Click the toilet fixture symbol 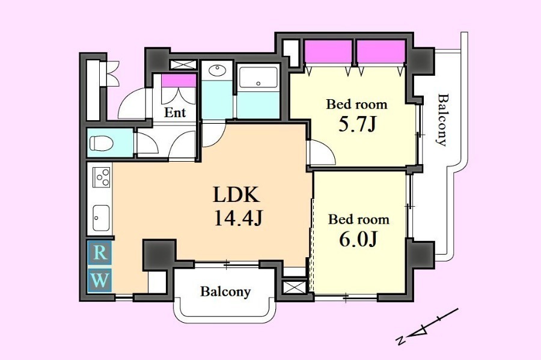[x=102, y=143]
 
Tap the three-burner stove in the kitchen [x=102, y=177]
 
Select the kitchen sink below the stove [x=102, y=218]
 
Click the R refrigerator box [x=99, y=253]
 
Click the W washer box [x=99, y=279]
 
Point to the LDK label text [x=236, y=195]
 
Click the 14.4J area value [x=239, y=218]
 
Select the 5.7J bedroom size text [x=356, y=124]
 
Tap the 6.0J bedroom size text [x=358, y=239]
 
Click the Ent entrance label [x=175, y=112]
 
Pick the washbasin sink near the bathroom [x=217, y=71]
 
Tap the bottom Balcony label [x=225, y=291]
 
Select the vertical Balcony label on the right [x=442, y=120]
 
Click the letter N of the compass [x=400, y=340]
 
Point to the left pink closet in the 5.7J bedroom [x=328, y=52]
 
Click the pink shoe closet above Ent [x=179, y=81]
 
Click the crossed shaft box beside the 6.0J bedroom [x=294, y=287]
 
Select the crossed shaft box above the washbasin [x=183, y=64]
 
